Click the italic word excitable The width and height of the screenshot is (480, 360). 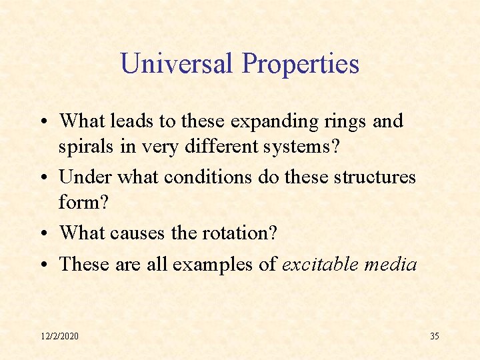320,265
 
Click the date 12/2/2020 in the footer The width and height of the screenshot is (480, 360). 59,336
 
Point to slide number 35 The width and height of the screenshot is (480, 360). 434,336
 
